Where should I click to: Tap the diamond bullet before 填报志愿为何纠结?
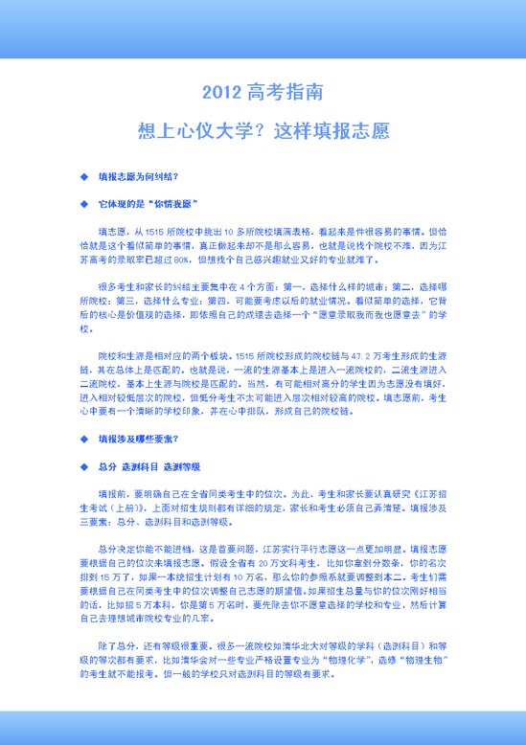pyautogui.click(x=82, y=178)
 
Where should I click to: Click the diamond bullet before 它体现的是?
pyautogui.click(x=82, y=204)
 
